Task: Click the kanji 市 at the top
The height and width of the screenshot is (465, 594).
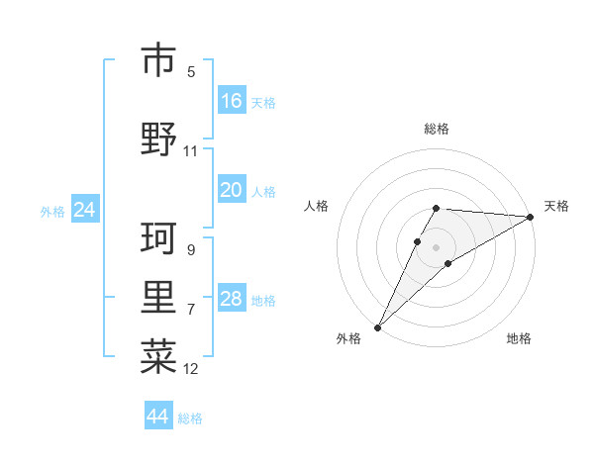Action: coord(158,60)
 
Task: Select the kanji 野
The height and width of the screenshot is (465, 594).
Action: coord(158,138)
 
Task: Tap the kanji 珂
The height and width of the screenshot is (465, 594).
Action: coord(158,237)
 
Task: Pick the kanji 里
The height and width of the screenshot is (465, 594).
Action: coord(158,297)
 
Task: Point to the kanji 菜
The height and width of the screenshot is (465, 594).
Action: coord(158,356)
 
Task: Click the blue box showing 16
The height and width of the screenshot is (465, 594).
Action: coord(232,101)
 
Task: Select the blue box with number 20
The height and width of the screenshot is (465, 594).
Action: coord(232,191)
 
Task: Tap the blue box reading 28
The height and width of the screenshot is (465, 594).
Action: coord(232,300)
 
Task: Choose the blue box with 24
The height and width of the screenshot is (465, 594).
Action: coord(85,210)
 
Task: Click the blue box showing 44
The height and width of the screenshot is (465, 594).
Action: coord(158,417)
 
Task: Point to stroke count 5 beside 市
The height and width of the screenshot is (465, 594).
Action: coord(191,72)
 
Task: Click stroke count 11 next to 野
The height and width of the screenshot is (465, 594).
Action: coord(191,151)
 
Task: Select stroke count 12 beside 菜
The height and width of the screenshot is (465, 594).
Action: coord(191,369)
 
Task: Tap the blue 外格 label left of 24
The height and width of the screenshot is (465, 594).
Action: coord(52,212)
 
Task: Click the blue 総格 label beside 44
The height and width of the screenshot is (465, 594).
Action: coord(190,418)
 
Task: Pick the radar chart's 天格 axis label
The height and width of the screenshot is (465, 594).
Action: coord(556,206)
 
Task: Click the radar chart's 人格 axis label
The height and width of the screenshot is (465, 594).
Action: coord(316,206)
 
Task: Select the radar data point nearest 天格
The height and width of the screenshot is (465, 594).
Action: coord(532,218)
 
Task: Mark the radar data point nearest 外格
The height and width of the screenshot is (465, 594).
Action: coord(377,326)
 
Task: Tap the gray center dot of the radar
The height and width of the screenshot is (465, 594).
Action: coord(436,246)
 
